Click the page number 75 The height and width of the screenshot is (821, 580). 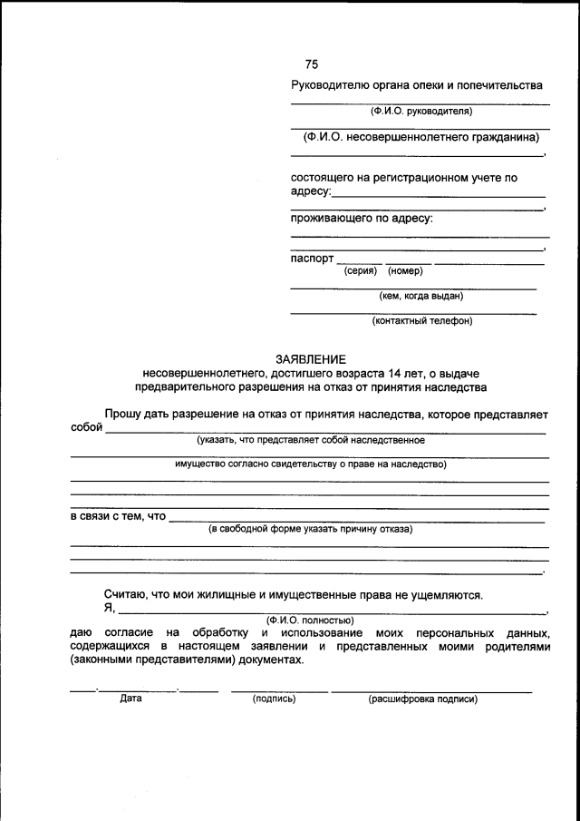[x=311, y=64]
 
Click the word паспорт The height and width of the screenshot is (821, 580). [x=312, y=258]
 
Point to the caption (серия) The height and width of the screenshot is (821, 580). [x=361, y=270]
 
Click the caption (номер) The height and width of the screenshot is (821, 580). [x=405, y=270]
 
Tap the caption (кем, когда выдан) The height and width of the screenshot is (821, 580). [x=421, y=296]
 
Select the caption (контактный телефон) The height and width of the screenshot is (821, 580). [x=421, y=320]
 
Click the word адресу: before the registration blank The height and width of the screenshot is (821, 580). [x=311, y=192]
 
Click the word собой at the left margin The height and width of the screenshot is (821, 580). [x=86, y=428]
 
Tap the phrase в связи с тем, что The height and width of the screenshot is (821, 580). [x=118, y=516]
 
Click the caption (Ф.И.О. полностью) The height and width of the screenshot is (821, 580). [x=310, y=620]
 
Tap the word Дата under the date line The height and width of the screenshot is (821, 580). [x=130, y=699]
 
